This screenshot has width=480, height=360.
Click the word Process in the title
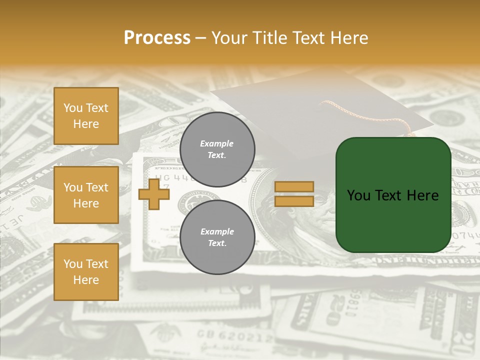click(157, 37)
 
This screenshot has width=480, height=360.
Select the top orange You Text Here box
click(86, 116)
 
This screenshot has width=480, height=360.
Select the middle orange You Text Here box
click(86, 195)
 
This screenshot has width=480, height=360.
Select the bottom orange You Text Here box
click(86, 272)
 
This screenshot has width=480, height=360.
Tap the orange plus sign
click(154, 194)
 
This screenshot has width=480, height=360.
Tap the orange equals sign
click(294, 194)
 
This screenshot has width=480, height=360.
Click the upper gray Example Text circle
click(217, 149)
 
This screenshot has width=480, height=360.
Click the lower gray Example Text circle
click(217, 237)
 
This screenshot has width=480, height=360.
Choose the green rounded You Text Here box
click(393, 195)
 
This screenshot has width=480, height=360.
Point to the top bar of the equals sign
click(294, 186)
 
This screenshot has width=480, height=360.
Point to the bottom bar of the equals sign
click(294, 201)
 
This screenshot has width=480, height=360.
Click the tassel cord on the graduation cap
click(370, 113)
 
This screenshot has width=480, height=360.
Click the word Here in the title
click(348, 37)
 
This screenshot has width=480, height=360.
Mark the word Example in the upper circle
click(217, 143)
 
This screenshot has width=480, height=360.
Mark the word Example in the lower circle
click(217, 231)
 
